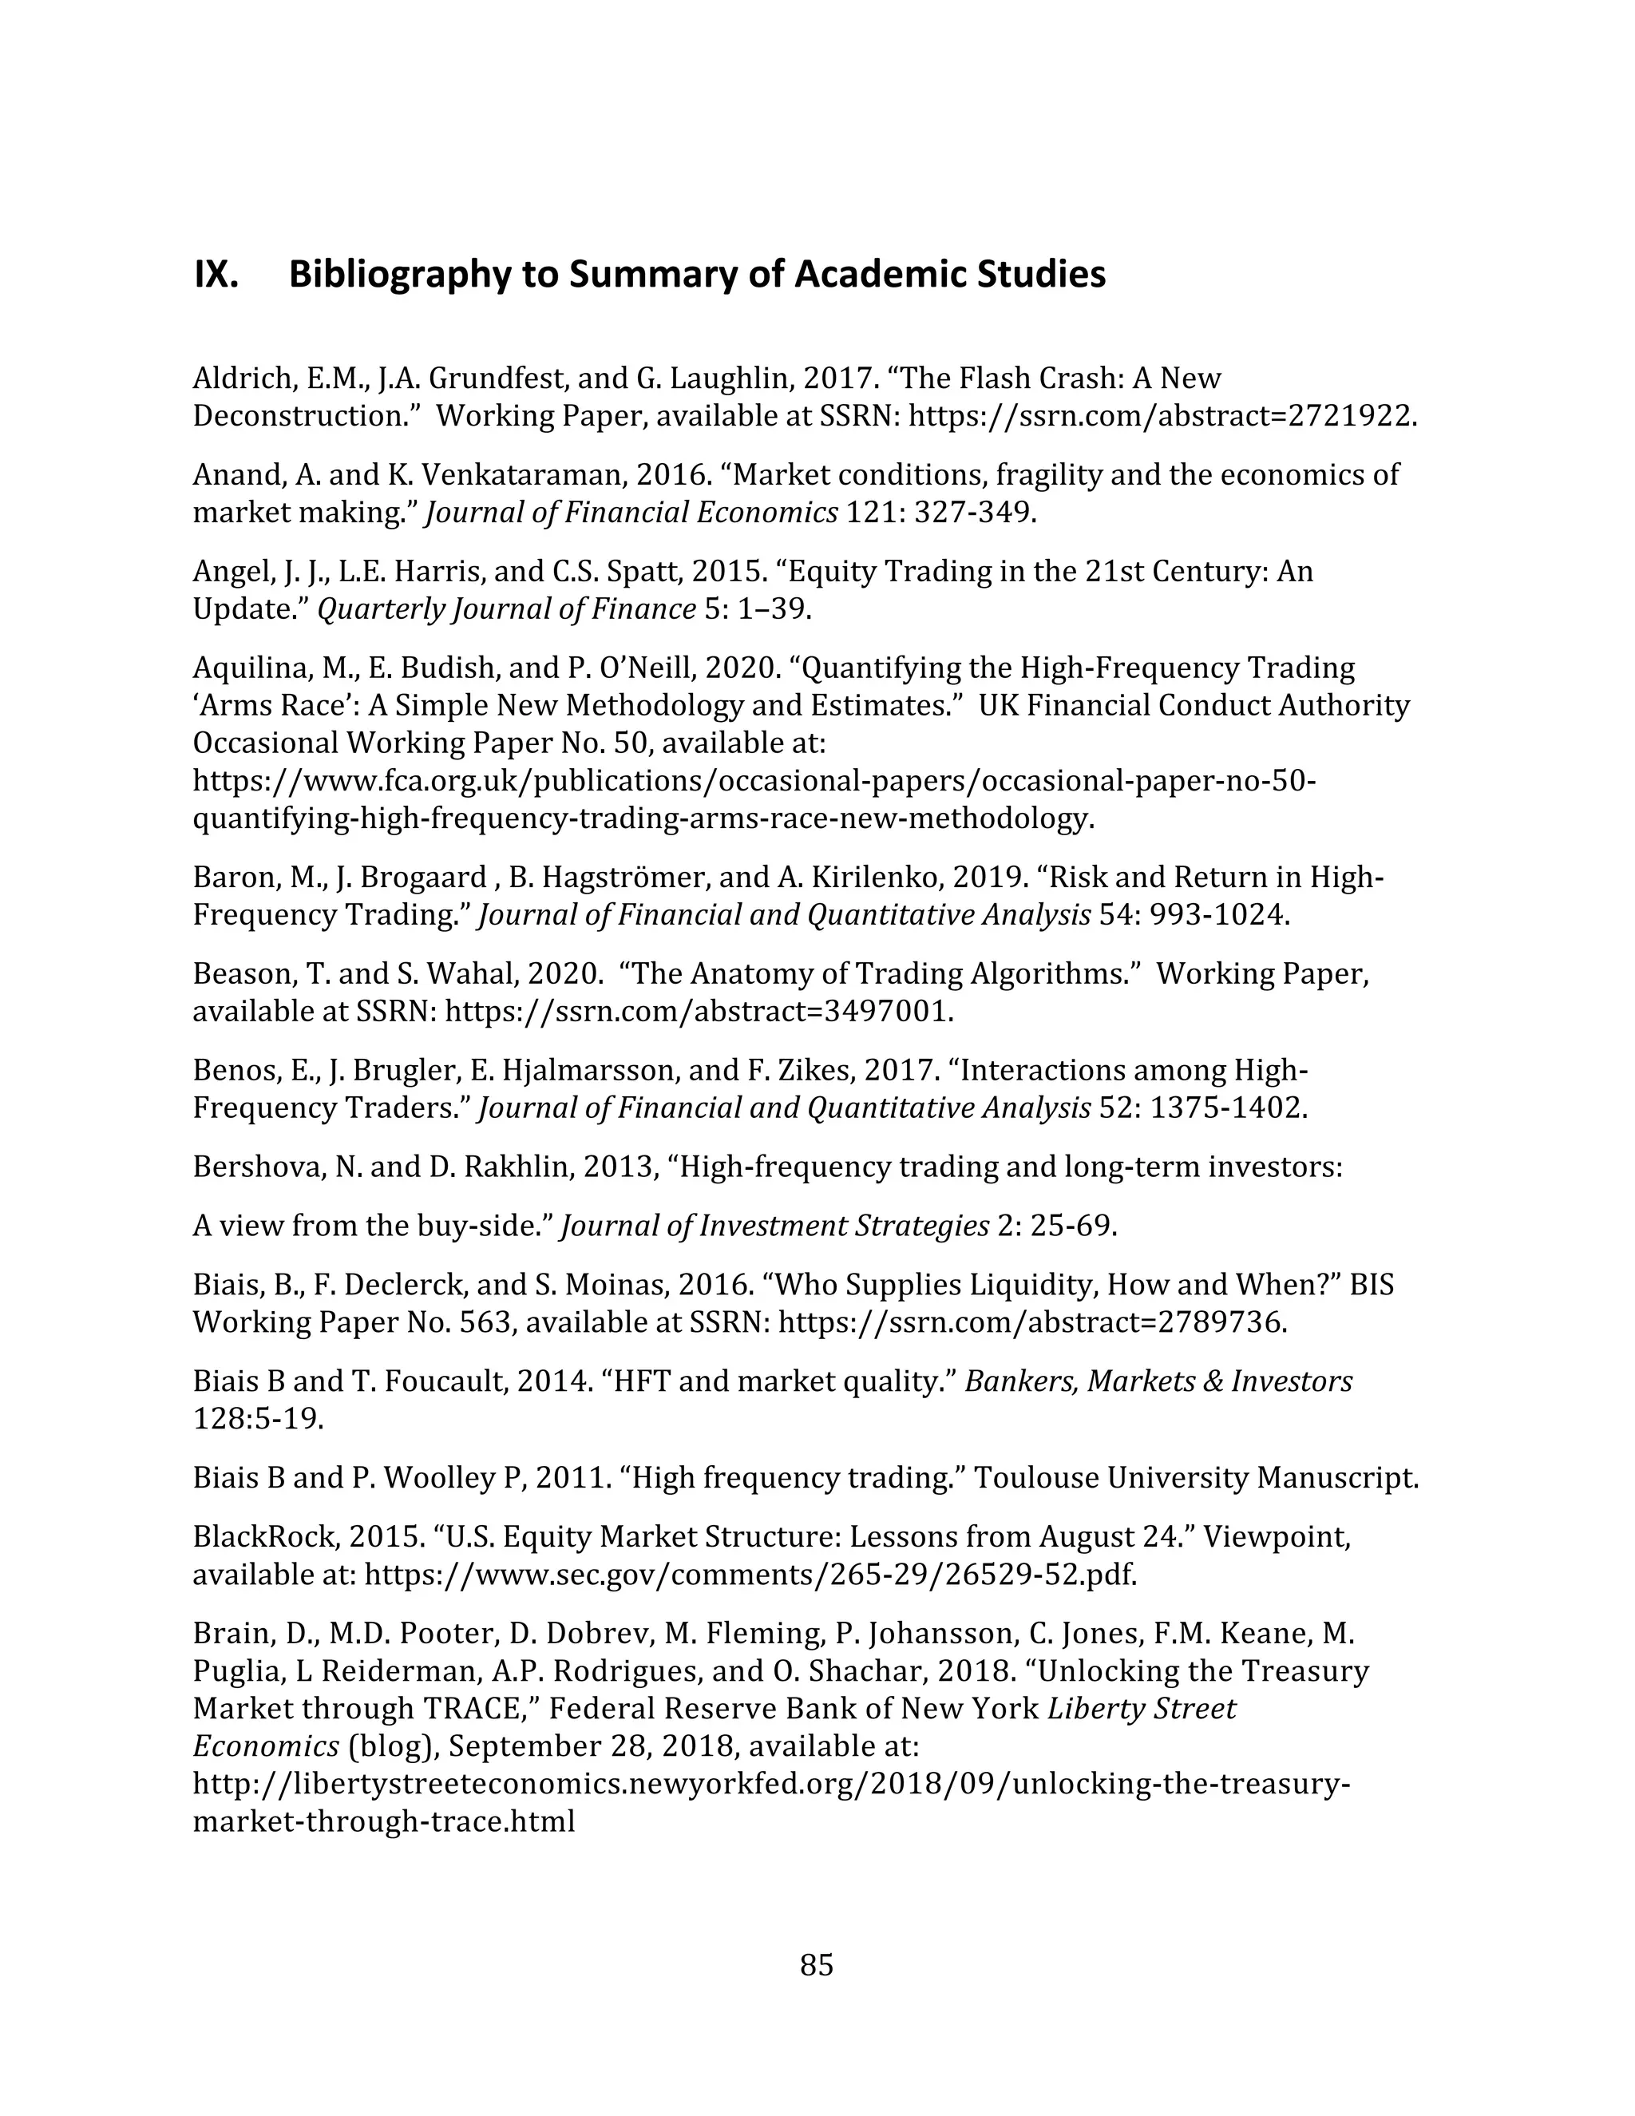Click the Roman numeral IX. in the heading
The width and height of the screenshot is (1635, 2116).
(216, 276)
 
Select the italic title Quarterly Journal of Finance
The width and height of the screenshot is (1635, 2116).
(507, 609)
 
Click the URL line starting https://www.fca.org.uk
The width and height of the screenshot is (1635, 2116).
(754, 781)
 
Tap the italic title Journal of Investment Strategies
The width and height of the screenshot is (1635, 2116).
(775, 1226)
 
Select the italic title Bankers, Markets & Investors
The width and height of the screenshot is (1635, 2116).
(1158, 1381)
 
